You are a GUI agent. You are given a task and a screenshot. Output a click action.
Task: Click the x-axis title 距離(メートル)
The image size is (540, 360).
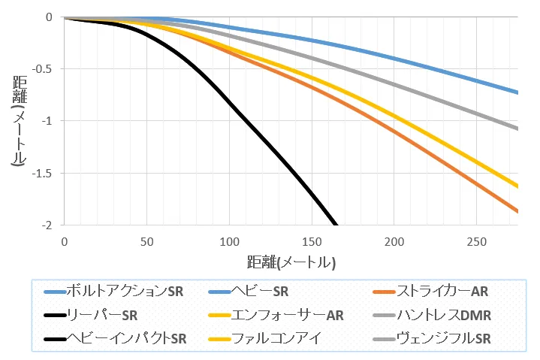290,263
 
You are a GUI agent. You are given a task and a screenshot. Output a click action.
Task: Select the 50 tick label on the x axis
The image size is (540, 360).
146,241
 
